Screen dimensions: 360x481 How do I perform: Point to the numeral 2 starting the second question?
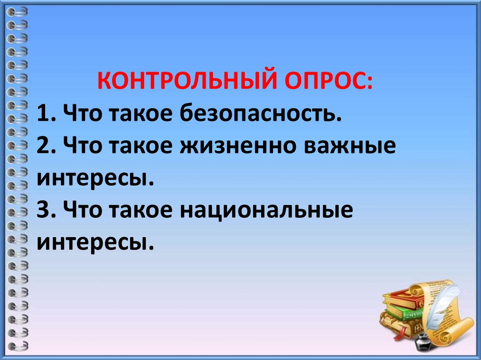[x=43, y=147]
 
